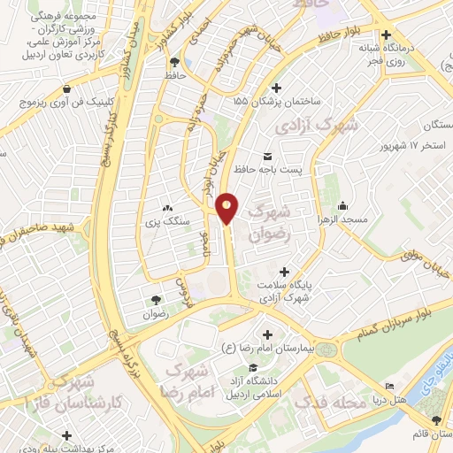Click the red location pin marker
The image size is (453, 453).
pos(227,207)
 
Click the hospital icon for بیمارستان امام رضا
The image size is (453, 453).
pos(266,334)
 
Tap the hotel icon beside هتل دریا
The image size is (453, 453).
pos(390,387)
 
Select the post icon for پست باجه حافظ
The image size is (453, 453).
pos(267,157)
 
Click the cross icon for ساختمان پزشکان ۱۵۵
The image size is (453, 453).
pos(277,88)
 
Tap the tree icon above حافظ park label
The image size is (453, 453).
pos(174,62)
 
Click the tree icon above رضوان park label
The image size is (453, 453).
pos(157,300)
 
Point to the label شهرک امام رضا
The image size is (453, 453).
pos(188,378)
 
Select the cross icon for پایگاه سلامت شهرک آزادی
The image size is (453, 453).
pos(283,272)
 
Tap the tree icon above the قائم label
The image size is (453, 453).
pos(435,419)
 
